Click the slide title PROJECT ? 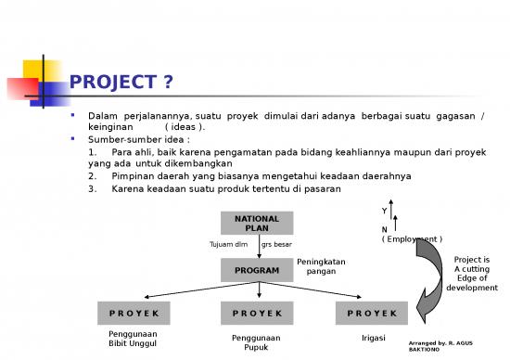[x=121, y=84]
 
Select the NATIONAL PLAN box [x=257, y=224]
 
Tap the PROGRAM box [x=257, y=270]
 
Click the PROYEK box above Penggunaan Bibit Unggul [x=134, y=314]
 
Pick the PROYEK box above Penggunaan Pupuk [x=257, y=314]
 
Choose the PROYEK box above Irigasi [x=372, y=314]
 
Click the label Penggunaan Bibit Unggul [x=134, y=339]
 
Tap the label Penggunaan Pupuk [x=256, y=343]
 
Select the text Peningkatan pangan [x=321, y=267]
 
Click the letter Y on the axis [x=384, y=211]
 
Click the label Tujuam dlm [x=228, y=245]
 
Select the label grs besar [x=277, y=245]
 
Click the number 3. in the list [x=94, y=189]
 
